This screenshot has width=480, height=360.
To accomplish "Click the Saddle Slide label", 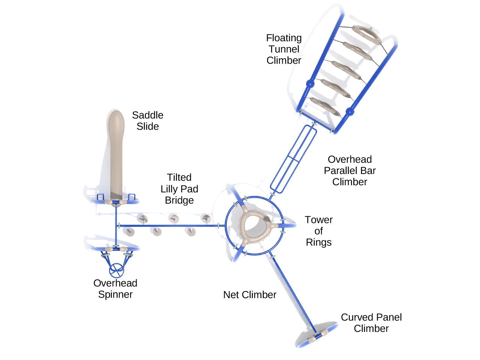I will click(x=147, y=121).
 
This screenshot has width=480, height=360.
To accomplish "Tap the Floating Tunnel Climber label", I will click(x=284, y=49).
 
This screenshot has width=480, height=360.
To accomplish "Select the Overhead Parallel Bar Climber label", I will click(x=349, y=171).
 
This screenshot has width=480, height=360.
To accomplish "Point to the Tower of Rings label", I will click(x=318, y=231).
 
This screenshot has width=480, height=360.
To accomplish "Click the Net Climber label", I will click(x=249, y=295).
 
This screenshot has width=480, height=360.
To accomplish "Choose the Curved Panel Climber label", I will click(x=371, y=323).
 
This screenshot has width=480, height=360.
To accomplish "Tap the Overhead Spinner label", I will click(x=115, y=289).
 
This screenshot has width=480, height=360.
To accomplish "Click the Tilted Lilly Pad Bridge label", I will click(x=179, y=189).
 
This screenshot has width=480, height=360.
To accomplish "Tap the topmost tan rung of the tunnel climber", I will click(x=366, y=35).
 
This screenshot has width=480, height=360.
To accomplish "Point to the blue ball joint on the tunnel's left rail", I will click(x=310, y=84).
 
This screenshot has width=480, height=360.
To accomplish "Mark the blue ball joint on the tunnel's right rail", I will click(x=349, y=111).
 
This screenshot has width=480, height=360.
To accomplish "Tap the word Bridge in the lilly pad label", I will click(x=179, y=200).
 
